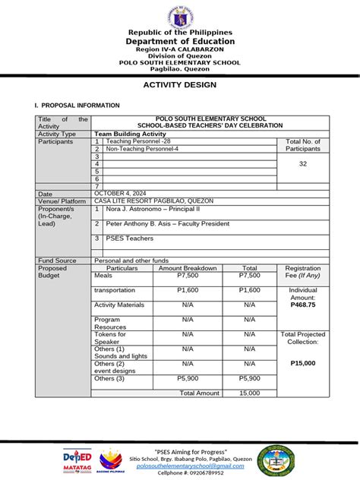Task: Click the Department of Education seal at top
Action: pyautogui.click(x=180, y=17)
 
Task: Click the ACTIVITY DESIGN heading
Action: pyautogui.click(x=180, y=85)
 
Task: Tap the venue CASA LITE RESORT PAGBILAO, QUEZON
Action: pyautogui.click(x=154, y=201)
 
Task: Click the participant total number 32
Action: pyautogui.click(x=303, y=163)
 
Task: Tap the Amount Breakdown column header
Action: pyautogui.click(x=188, y=268)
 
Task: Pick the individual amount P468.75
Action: pyautogui.click(x=303, y=305)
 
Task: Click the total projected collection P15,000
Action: pyautogui.click(x=303, y=364)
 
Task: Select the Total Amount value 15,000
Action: pyautogui.click(x=249, y=393)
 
